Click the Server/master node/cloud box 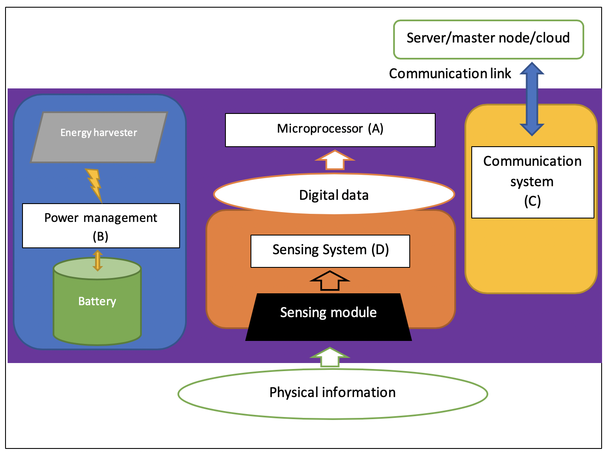pos(488,39)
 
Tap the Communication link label pos(450,74)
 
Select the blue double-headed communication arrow pos(532,99)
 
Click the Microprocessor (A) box pos(330,129)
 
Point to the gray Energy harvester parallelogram pos(99,137)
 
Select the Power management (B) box pos(101,225)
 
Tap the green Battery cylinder pos(97,310)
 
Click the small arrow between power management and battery pos(98,260)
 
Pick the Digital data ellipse pos(334,195)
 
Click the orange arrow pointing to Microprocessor pos(335,160)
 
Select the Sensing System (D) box pos(330,251)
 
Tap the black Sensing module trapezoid pos(328,317)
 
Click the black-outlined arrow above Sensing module pos(329,281)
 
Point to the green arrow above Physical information pos(329,357)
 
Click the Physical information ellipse pos(332,393)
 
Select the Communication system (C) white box pos(532,182)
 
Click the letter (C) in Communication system pos(532,201)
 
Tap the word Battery pos(97,301)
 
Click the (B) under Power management pos(101,236)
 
